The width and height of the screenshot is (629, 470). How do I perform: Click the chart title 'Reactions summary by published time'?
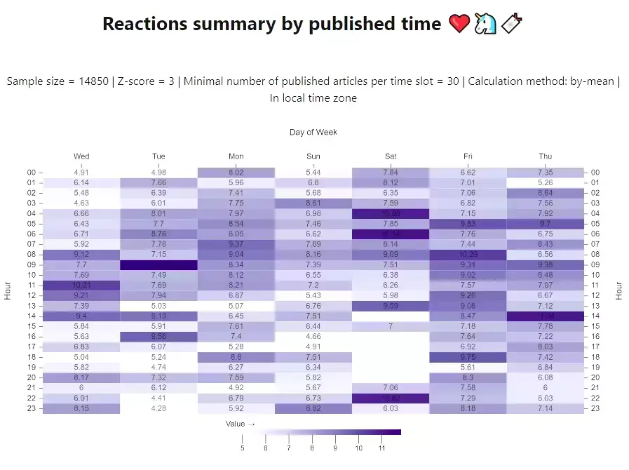271,24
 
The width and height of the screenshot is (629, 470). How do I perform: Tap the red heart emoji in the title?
459,25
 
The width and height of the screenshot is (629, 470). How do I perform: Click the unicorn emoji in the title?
486,25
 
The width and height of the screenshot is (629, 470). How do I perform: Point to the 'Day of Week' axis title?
313,132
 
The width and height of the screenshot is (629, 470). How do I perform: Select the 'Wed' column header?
81,156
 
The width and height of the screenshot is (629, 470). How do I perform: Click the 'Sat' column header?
391,156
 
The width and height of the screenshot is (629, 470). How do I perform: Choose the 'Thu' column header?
545,156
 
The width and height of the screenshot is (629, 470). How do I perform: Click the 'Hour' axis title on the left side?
8,290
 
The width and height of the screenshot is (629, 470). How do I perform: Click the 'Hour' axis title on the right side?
618,290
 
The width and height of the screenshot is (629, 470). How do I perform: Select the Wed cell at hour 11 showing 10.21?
81,286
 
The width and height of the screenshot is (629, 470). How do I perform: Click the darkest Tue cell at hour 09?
158,265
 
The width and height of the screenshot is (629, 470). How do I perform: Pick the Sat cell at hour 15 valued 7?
391,327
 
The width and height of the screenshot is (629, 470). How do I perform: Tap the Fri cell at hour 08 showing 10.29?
468,255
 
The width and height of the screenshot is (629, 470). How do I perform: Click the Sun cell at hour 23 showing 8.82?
313,408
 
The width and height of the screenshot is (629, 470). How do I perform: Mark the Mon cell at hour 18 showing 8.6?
236,357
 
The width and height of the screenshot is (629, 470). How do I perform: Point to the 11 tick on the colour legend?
381,448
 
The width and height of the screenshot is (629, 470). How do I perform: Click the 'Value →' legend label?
240,424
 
